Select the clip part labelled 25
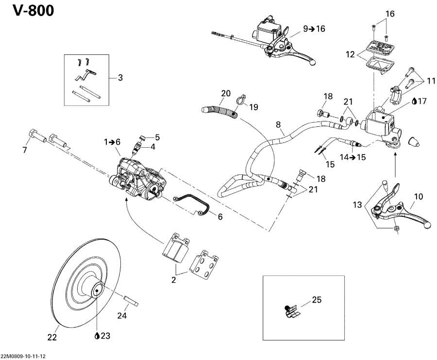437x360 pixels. coord(290,311)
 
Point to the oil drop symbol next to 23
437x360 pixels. coord(98,336)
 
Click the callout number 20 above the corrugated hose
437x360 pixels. coord(226,93)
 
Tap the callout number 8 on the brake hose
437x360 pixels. coord(279,125)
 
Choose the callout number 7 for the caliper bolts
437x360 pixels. coord(25,150)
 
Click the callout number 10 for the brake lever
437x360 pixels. coord(418,197)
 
